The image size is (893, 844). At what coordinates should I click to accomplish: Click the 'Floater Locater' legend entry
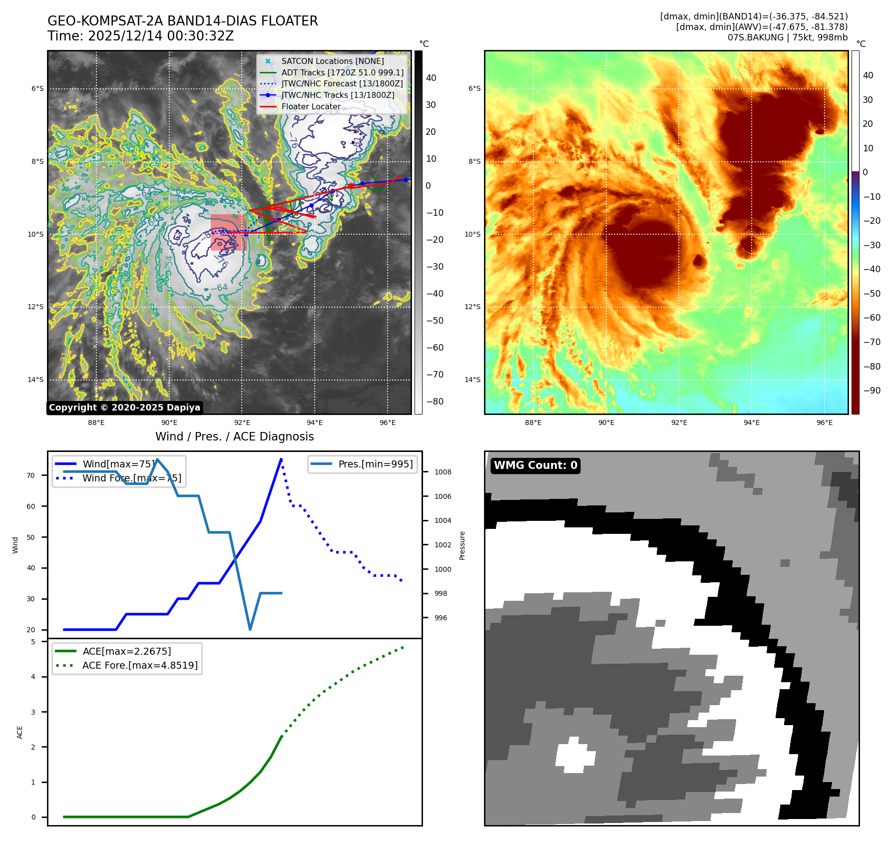(x=311, y=106)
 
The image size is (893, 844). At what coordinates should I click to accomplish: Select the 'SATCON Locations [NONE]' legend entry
(x=332, y=61)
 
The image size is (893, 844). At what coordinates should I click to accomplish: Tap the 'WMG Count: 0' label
(x=535, y=465)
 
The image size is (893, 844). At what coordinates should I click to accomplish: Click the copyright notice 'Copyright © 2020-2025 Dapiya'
(x=124, y=408)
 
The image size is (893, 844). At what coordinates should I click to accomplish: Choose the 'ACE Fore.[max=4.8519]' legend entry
(x=140, y=665)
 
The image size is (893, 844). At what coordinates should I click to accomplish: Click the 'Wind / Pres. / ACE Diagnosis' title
(x=235, y=436)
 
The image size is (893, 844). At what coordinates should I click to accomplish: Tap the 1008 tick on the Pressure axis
(x=443, y=472)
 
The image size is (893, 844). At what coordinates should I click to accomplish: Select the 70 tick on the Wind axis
(x=31, y=475)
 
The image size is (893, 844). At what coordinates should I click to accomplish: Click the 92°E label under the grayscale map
(x=242, y=422)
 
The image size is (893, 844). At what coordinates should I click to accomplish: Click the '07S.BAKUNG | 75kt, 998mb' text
(x=788, y=37)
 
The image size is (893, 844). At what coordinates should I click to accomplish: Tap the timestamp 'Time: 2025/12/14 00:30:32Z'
(x=140, y=36)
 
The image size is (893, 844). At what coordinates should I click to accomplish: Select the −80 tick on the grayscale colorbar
(x=435, y=402)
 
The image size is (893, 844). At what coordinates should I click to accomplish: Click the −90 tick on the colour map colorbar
(x=872, y=391)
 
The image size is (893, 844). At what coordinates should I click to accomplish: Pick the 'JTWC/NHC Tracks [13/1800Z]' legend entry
(x=338, y=95)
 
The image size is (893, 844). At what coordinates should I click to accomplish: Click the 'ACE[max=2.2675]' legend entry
(x=127, y=651)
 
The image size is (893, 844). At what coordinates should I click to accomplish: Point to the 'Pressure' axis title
(x=462, y=545)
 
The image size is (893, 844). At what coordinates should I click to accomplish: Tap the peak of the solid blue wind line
(x=281, y=459)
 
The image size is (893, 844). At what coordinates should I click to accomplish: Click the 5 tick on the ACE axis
(x=33, y=642)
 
